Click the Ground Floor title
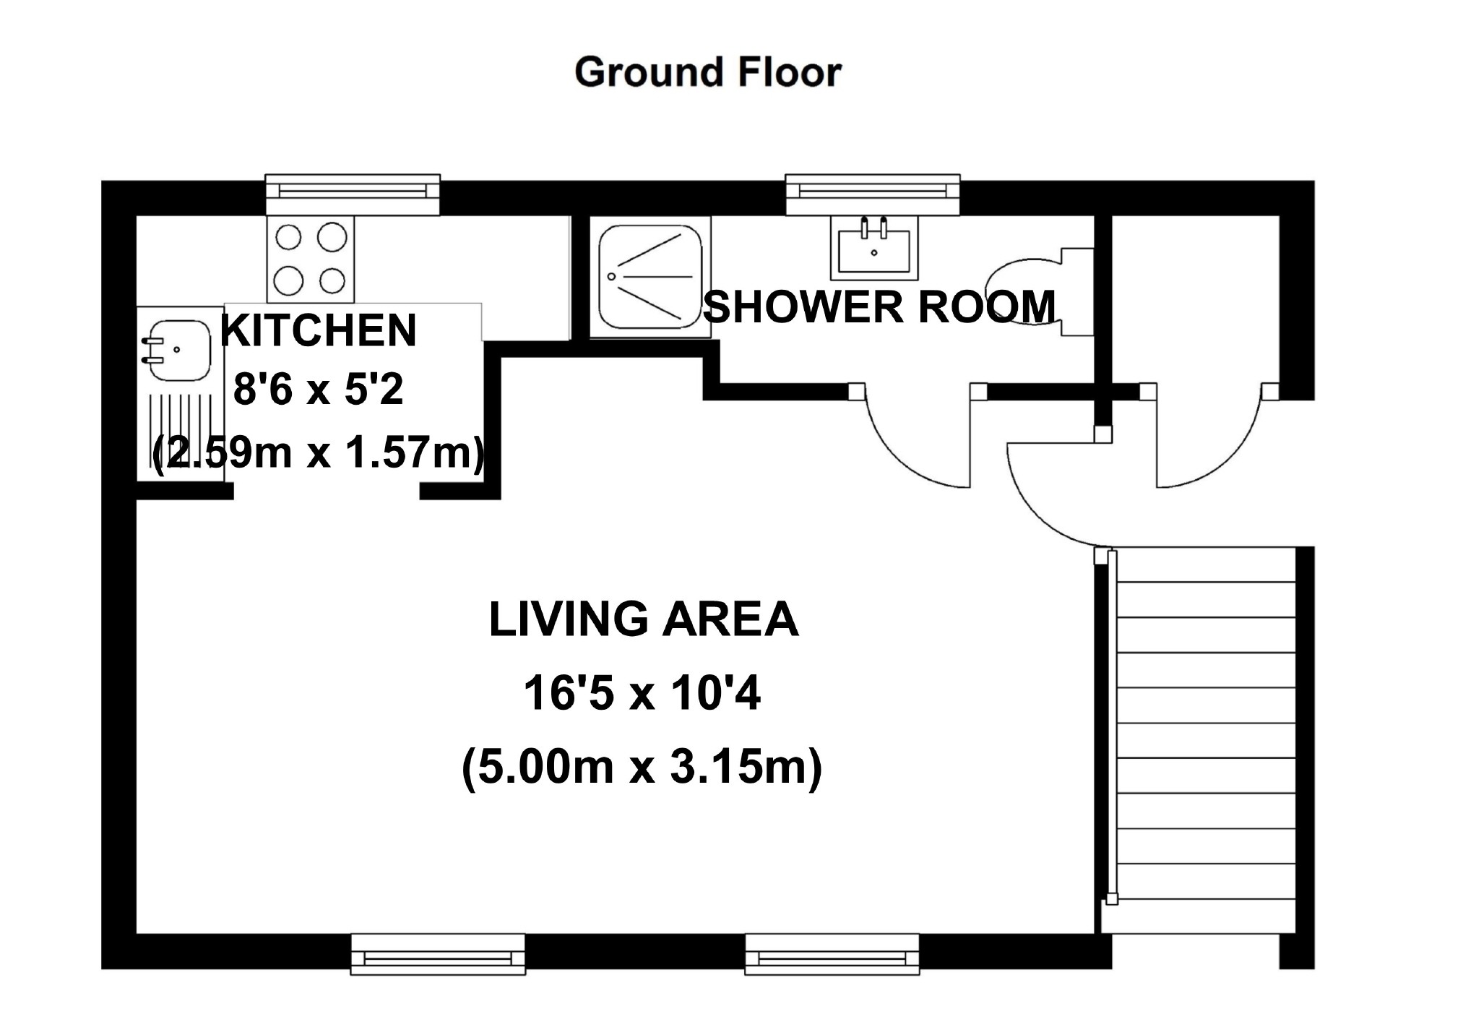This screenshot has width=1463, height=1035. pos(708,72)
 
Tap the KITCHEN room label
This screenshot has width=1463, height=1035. pos(319,330)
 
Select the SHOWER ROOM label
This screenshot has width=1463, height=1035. pos(879,306)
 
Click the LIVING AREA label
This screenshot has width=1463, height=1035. pos(644,619)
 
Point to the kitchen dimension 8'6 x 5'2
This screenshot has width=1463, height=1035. pos(318,391)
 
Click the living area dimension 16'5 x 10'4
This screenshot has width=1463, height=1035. pos(642,694)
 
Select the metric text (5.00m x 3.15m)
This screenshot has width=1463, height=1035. pos(642,767)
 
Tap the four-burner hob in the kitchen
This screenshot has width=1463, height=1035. pos(311,259)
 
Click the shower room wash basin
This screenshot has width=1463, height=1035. pos(874,247)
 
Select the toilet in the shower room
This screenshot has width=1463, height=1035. pos(1040,292)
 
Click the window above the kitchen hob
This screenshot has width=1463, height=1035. pos(353,194)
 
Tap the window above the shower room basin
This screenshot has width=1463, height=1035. pos(873,194)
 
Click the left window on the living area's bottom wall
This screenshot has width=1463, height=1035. pos(438,954)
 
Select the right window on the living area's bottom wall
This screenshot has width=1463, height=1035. pos(832,954)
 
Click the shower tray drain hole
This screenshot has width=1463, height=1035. pos(612,276)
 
